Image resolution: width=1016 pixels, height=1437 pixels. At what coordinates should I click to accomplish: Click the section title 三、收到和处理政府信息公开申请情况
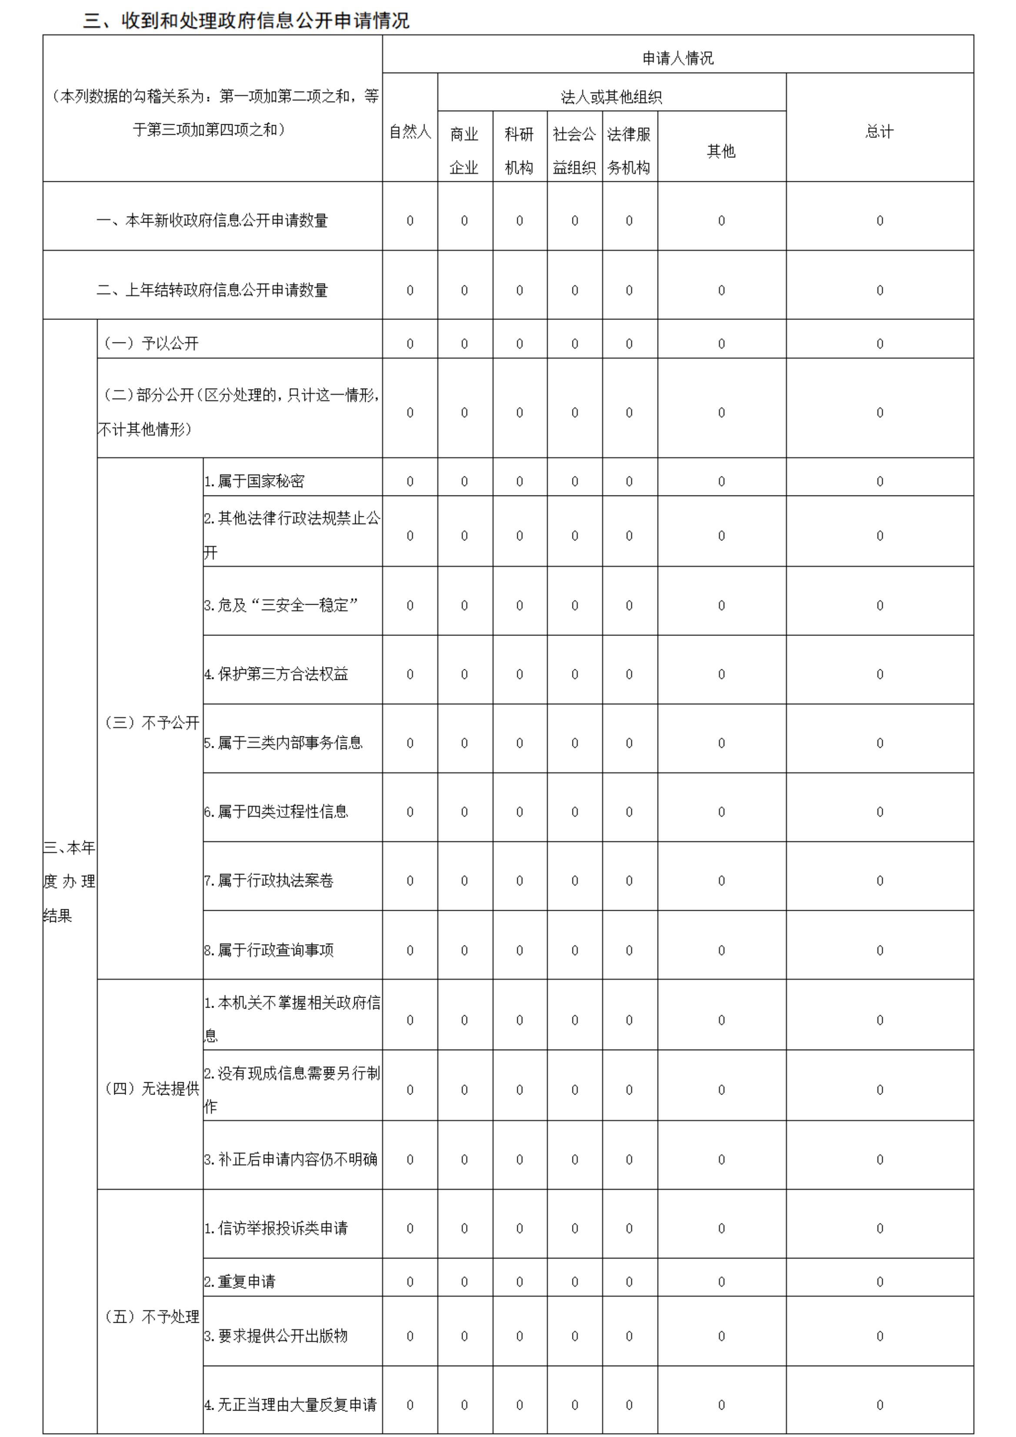246,21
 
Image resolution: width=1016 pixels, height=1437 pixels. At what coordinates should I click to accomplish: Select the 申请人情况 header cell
677,58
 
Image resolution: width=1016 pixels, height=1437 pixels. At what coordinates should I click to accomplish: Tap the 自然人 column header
410,131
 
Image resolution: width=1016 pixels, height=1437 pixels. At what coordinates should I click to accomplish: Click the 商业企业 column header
464,150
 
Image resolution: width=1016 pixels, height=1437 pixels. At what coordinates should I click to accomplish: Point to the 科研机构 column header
519,150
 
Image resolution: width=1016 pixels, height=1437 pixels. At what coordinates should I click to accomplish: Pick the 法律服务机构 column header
629,150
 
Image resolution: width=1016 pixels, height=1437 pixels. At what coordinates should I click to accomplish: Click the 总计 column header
879,131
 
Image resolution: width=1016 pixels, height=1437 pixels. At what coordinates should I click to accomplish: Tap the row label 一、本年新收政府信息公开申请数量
212,220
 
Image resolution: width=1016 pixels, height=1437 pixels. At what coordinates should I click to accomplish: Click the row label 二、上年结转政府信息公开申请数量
212,290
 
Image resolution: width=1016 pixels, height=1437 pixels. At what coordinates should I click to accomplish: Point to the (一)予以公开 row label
151,343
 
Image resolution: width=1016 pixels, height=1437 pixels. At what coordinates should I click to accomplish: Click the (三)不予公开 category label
151,723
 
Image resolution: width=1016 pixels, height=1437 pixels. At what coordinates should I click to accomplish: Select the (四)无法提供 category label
151,1088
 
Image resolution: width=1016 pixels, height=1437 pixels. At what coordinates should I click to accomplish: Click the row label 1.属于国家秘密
254,481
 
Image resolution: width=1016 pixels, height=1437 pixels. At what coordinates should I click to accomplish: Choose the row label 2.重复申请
240,1281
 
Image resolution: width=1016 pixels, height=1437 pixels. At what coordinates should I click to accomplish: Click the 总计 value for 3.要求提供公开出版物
879,1336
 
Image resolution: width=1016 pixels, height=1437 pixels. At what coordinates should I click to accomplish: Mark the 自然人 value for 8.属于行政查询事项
410,950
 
